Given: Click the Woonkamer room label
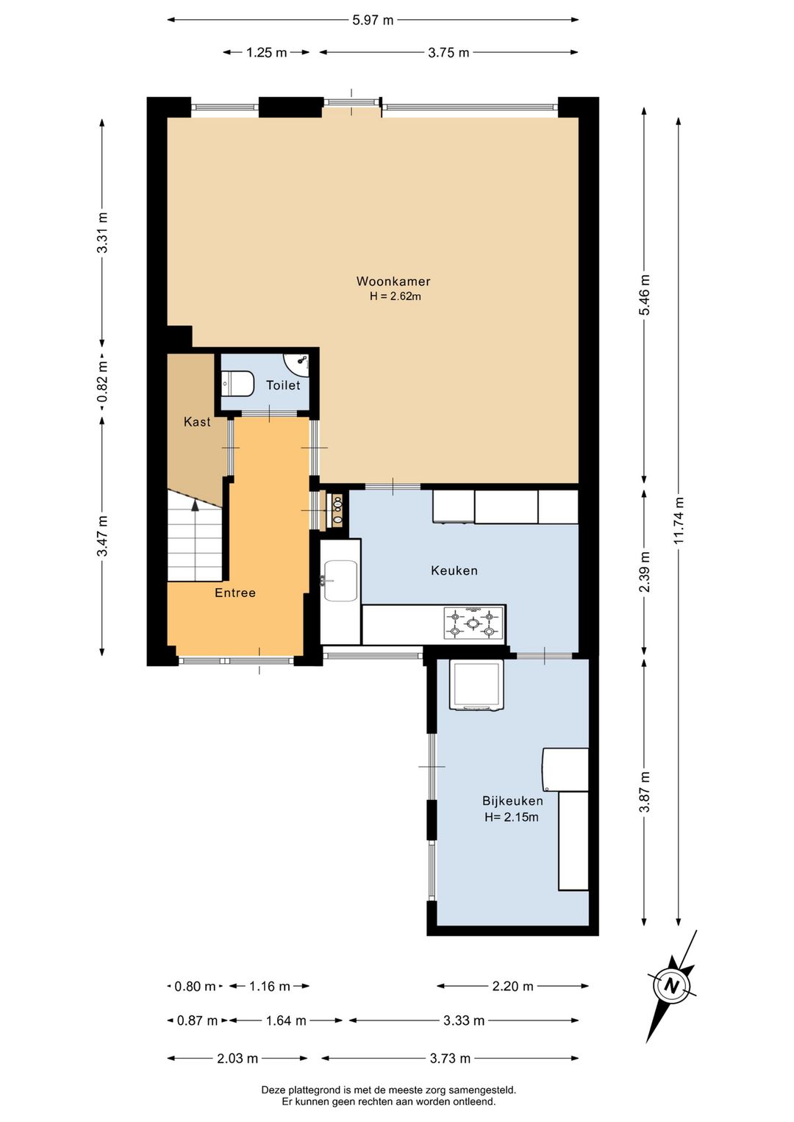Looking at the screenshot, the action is click(393, 281).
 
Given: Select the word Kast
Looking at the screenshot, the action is click(197, 422).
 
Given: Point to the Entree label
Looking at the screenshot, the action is click(235, 593).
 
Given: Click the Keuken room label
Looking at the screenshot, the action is click(454, 571).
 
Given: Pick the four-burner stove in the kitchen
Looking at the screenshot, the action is click(473, 623).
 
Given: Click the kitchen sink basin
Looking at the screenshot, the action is click(340, 580).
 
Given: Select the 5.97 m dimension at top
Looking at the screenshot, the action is click(373, 20).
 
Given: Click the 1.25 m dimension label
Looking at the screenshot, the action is click(266, 52).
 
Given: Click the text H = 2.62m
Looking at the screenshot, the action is click(396, 296).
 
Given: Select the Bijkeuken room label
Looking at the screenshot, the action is click(512, 801).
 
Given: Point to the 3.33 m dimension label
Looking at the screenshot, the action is click(463, 1021).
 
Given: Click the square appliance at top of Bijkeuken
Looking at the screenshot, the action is click(476, 685).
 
